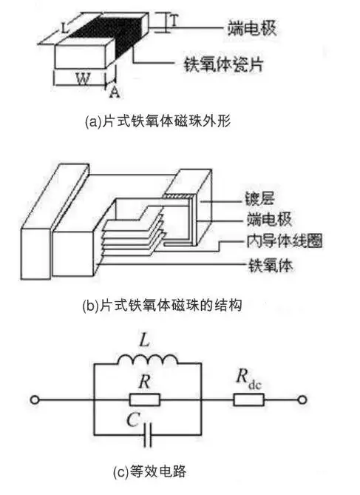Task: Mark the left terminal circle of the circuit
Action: (34, 400)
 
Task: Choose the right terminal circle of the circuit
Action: (302, 400)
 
